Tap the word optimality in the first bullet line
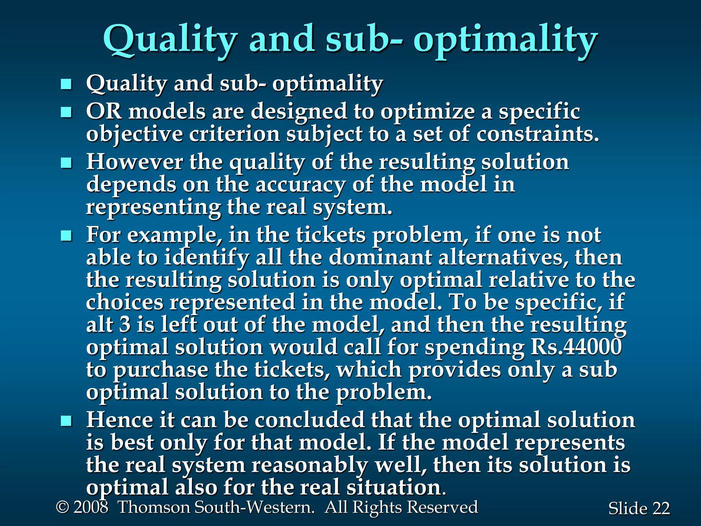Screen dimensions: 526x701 coord(328,84)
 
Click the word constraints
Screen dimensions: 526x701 coord(537,134)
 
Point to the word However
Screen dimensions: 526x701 coord(134,162)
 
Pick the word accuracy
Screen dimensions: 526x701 coord(300,185)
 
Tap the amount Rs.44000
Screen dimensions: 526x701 coord(576,347)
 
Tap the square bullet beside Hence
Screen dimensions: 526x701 coord(66,421)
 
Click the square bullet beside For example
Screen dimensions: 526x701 coord(66,236)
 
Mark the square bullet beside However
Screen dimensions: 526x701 coord(66,163)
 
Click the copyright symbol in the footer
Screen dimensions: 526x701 coord(62,507)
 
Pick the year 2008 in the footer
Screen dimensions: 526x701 coord(91,507)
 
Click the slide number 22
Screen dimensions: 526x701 coord(661,509)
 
